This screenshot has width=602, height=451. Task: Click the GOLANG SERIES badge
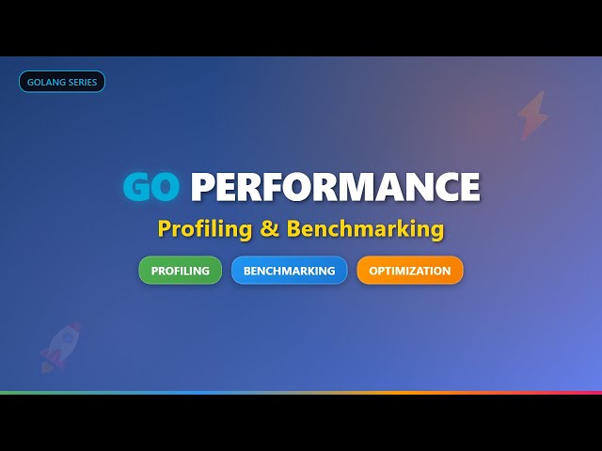[x=62, y=82]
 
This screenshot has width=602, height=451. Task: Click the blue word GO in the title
[x=151, y=187]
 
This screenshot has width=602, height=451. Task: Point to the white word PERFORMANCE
[x=335, y=187]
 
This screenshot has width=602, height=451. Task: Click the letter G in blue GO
[x=137, y=187]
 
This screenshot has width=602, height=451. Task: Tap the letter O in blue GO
[x=165, y=187]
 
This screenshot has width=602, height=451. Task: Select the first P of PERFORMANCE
[x=202, y=187]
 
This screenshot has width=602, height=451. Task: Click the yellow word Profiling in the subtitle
[x=203, y=228]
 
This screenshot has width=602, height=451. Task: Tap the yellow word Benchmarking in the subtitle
[x=365, y=228]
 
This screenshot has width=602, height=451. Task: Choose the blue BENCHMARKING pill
[x=289, y=271]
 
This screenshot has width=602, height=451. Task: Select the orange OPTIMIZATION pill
[x=410, y=271]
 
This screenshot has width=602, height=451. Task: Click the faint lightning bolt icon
[x=532, y=115]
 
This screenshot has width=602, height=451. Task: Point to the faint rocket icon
[x=59, y=347]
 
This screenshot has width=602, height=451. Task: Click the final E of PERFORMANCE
[x=467, y=187]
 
